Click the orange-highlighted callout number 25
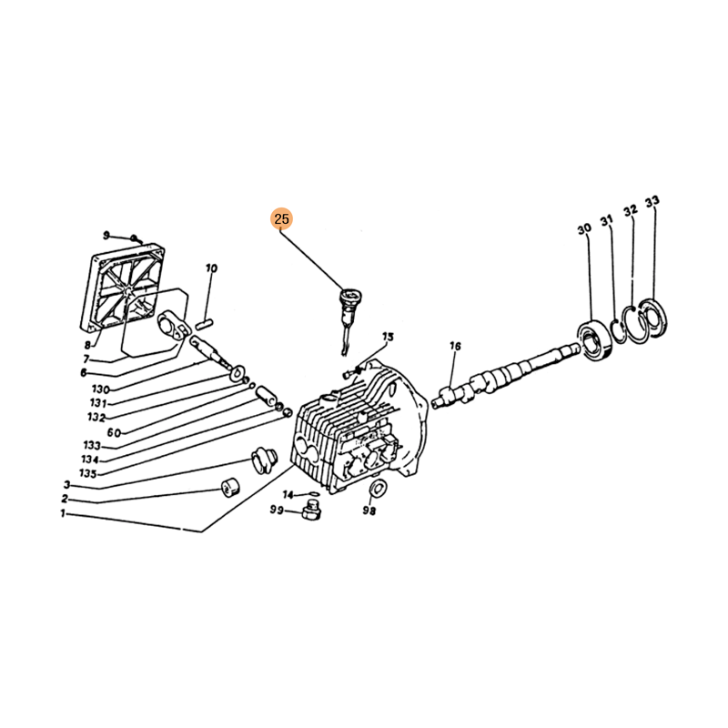(x=282, y=218)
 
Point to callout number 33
(x=652, y=201)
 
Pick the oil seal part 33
(x=653, y=318)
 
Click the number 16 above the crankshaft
(x=455, y=346)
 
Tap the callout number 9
(x=106, y=236)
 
